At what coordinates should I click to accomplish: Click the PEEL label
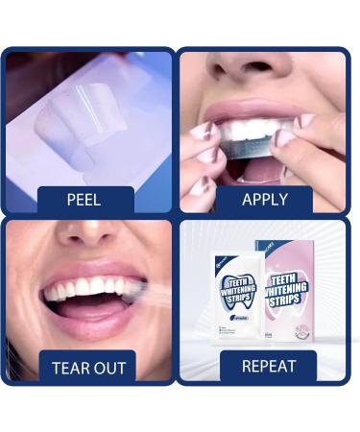click(84, 201)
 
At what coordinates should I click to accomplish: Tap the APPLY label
click(265, 201)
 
